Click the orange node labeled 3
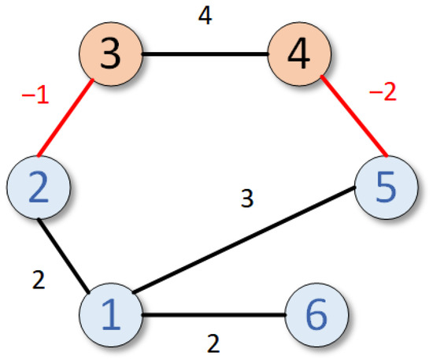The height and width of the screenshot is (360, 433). click(109, 56)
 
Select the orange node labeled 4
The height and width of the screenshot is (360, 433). click(298, 56)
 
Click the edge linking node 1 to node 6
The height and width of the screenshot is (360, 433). click(213, 317)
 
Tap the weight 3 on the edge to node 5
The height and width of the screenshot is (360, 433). click(246, 200)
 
